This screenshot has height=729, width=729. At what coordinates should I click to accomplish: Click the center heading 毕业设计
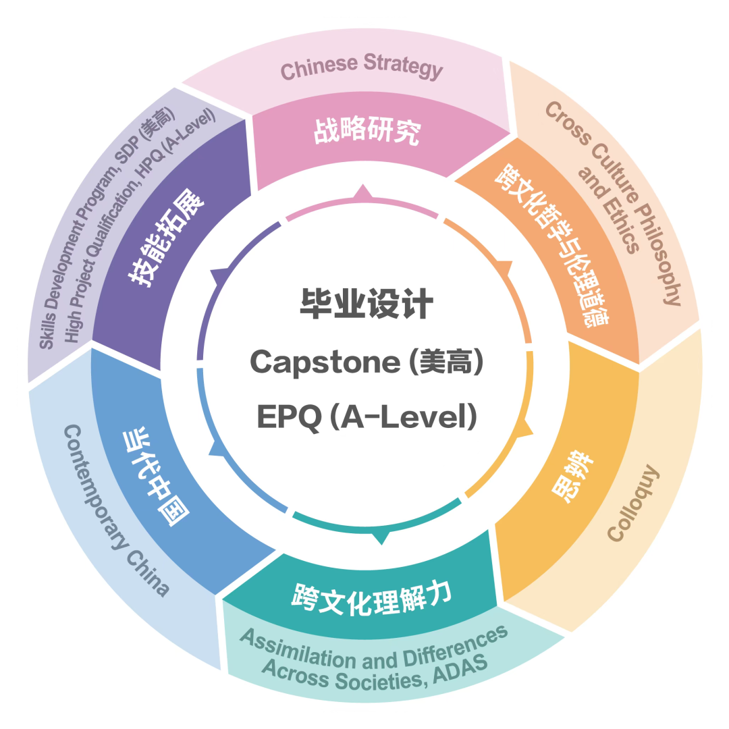pyautogui.click(x=367, y=304)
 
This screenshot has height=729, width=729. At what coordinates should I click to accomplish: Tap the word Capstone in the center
pyautogui.click(x=325, y=362)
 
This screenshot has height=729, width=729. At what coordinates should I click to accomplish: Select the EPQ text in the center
pyautogui.click(x=289, y=416)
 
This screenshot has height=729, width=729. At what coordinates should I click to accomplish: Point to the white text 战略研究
pyautogui.click(x=367, y=130)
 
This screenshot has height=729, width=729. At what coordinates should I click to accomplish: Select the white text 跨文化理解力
pyautogui.click(x=371, y=598)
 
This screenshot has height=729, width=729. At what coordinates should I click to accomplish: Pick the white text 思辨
pyautogui.click(x=572, y=476)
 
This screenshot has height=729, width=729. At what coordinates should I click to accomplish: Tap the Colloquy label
pyautogui.click(x=633, y=503)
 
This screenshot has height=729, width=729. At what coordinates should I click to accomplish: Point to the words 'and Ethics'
pyautogui.click(x=608, y=210)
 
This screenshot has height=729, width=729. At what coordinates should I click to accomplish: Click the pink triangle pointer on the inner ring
pyautogui.click(x=363, y=192)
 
